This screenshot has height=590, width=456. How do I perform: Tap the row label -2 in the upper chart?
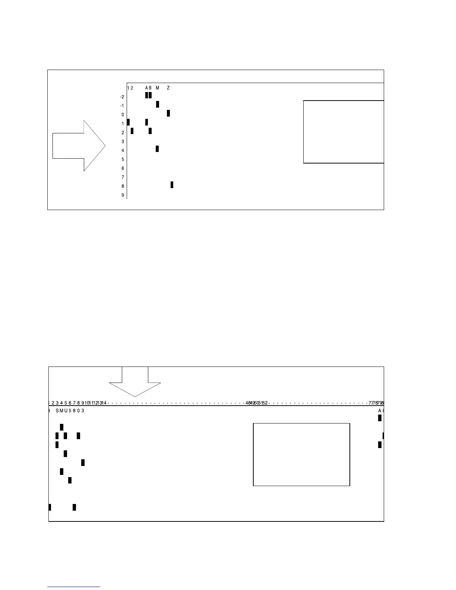point(122,97)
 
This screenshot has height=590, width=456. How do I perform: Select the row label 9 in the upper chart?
point(123,195)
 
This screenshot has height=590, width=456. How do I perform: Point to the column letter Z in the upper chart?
point(168,88)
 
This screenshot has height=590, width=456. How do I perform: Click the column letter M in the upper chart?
point(157,88)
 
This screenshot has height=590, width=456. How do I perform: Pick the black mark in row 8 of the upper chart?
point(172,185)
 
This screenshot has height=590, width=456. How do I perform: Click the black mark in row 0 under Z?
point(168,113)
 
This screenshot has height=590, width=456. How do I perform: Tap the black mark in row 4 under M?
point(157,149)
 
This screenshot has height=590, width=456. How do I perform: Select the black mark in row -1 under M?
point(158,104)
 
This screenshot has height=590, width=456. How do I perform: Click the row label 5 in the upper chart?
point(123,159)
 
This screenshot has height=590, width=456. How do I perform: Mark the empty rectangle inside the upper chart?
point(343,131)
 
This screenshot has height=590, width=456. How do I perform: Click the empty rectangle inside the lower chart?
point(301,454)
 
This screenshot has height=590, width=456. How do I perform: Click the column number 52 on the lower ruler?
point(265,403)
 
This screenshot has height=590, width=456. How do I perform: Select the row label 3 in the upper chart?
point(123,142)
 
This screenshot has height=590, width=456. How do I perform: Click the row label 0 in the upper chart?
point(123,115)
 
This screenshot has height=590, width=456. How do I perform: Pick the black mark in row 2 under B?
point(150,131)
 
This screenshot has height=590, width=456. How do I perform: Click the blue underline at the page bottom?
point(74,587)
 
